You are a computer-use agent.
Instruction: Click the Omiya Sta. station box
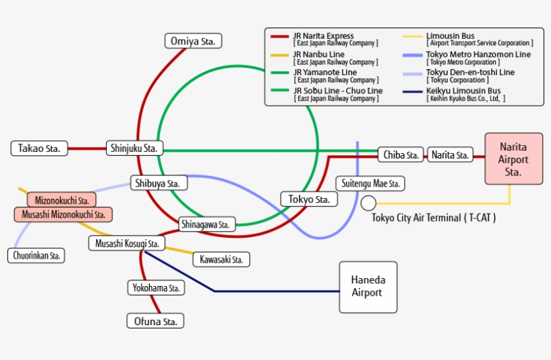point(194,41)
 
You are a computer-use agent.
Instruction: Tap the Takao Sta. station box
point(40,148)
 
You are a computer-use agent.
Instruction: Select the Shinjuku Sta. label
point(134,148)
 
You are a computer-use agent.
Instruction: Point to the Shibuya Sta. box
point(159,183)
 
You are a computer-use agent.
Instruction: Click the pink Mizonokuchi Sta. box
point(62,200)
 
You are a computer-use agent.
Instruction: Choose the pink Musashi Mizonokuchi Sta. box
point(63,214)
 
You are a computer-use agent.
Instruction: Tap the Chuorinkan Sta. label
point(36,255)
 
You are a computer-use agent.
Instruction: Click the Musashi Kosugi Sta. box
point(127,243)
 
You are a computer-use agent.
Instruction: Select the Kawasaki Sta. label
point(221,259)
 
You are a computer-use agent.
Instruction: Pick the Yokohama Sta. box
point(156,287)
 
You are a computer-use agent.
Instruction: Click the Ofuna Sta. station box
point(155,321)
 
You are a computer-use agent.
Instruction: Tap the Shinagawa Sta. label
point(206,224)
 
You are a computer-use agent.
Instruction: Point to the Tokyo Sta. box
point(308,199)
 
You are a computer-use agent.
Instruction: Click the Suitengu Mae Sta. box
point(370,183)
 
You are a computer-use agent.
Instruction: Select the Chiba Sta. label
point(401,155)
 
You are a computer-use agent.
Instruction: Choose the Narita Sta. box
point(450,155)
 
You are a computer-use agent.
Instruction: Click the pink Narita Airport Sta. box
point(513,159)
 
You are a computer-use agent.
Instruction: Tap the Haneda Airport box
point(368,287)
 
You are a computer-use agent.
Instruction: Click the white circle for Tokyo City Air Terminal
point(368,203)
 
